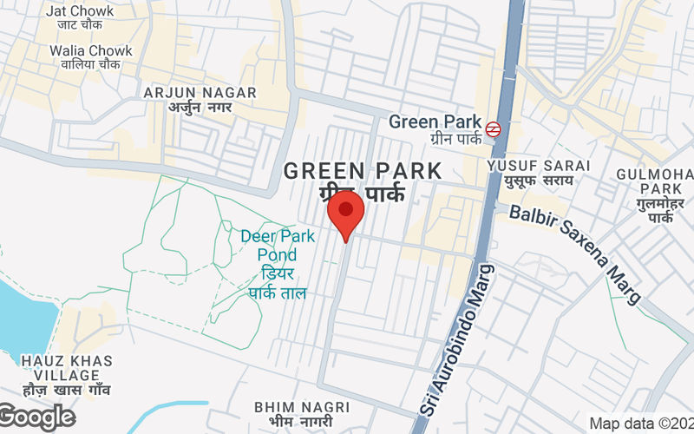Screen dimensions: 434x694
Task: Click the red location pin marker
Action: coord(345,213)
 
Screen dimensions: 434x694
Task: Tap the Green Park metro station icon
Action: coord(494,128)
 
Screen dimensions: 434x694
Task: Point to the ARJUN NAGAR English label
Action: coord(200,92)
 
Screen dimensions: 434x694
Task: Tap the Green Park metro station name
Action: coord(434,122)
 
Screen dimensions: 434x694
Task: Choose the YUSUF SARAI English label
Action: coord(539,165)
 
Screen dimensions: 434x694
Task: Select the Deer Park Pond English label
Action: coord(269,245)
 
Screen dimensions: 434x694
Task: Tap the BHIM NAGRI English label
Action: coord(302,406)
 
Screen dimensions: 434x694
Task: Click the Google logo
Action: coord(36,418)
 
